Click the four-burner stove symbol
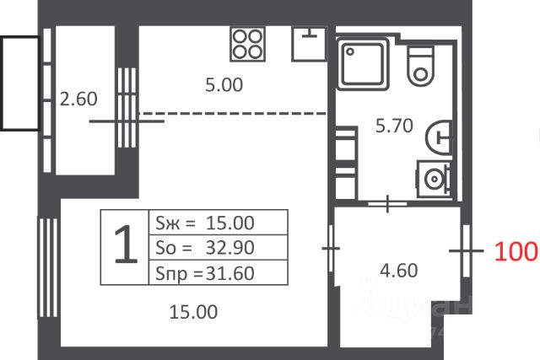tap(247, 45)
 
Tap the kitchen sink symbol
tap(309, 44)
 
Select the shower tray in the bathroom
tap(363, 64)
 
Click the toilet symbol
tap(420, 66)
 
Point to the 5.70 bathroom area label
tap(394, 126)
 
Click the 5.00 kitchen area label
tap(224, 84)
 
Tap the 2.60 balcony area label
tap(78, 99)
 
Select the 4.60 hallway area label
tap(399, 271)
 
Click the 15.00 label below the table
tap(193, 312)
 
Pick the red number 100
tap(516, 251)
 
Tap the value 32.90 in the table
tap(230, 248)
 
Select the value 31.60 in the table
tap(230, 273)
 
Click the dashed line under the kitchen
tap(233, 113)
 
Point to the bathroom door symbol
tap(388, 204)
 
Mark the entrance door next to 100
tap(467, 251)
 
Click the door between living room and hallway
tap(331, 248)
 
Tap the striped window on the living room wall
tap(48, 267)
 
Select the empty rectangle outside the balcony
tap(20, 83)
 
